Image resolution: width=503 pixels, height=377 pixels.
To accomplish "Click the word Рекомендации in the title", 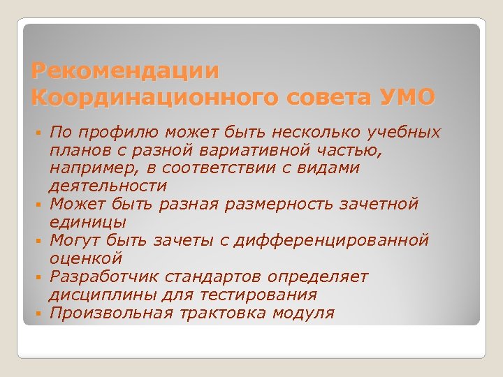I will pos(126,71).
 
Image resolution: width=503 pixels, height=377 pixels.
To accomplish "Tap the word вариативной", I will pos(263,151).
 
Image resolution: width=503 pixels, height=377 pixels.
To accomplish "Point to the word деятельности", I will pos(108,186).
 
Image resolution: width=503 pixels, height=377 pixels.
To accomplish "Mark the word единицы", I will pos(87,223).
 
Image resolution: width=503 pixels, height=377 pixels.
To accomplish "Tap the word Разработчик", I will pos(103,277).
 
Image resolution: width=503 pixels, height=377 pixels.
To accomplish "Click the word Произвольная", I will pos(110,313).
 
